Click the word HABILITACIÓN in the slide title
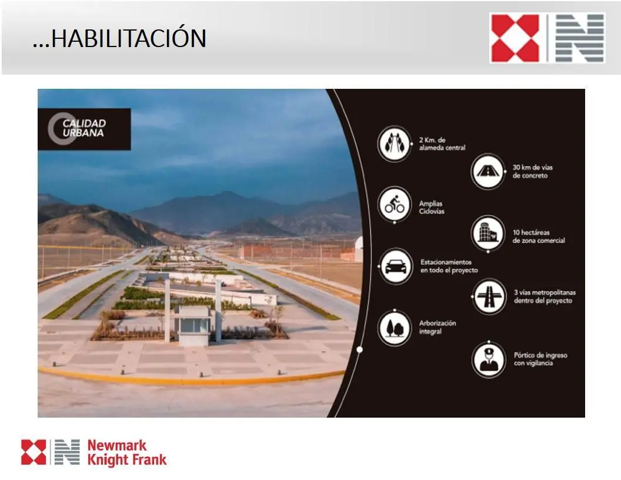129,38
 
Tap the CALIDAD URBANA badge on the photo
84,129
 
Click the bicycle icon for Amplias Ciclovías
395,205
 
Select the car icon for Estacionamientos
396,266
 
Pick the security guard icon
489,359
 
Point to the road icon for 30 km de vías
488,172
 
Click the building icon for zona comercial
488,233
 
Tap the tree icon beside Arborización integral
395,328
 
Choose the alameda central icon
395,144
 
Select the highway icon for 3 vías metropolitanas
489,296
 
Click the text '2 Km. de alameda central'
442,144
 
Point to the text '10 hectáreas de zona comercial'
539,236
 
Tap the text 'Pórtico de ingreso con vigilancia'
540,359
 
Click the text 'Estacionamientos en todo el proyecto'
449,266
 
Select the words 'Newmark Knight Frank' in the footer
127,452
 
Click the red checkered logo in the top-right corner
515,38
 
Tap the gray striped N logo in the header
580,38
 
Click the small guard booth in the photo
193,325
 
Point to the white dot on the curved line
360,349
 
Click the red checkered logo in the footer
34,452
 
